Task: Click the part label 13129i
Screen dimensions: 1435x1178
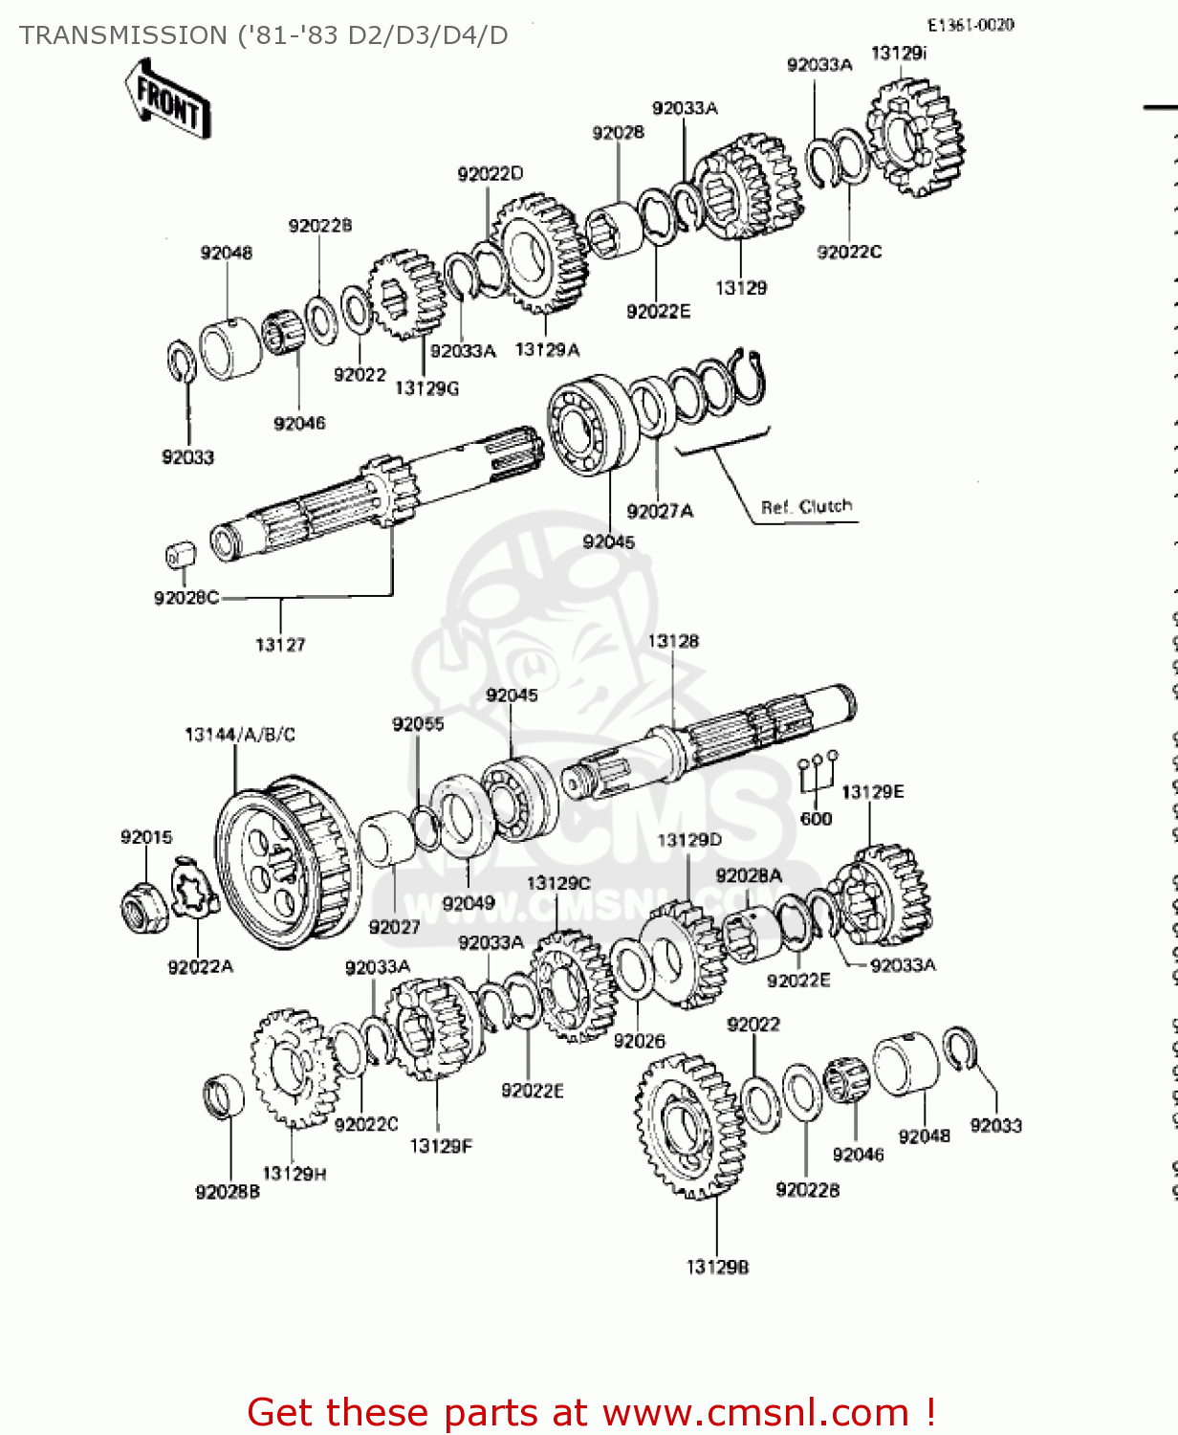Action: click(898, 54)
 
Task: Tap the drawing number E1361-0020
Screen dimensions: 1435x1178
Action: click(970, 25)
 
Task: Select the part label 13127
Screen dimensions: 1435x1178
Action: click(280, 645)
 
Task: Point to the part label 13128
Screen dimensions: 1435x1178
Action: click(673, 641)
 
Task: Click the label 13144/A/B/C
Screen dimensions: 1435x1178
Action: click(240, 735)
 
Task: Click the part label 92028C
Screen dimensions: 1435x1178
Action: click(186, 598)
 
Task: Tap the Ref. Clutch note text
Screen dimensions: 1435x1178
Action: click(806, 506)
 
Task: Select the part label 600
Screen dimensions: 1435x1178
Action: click(816, 819)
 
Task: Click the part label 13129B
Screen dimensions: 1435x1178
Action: click(717, 1267)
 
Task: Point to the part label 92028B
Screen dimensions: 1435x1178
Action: click(228, 1192)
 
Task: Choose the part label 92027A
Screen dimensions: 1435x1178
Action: click(660, 512)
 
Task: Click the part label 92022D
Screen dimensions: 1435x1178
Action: click(491, 173)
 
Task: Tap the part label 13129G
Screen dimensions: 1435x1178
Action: click(426, 387)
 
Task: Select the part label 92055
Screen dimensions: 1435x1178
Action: click(418, 724)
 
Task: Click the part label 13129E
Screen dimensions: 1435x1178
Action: click(872, 791)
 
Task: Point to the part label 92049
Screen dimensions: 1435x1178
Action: click(469, 903)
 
